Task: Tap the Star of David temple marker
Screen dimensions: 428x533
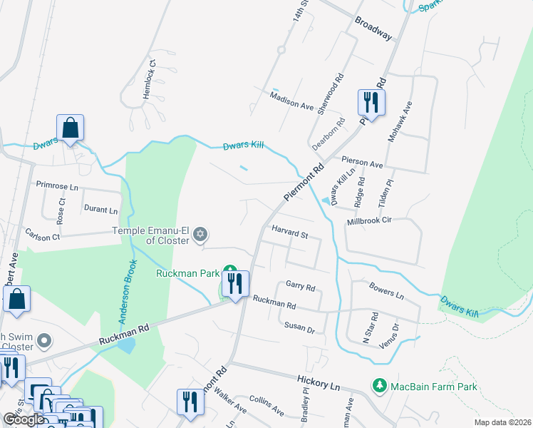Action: coord(201,234)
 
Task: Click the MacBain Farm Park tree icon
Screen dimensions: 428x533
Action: coord(380,386)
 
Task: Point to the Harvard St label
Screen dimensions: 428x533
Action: coord(289,234)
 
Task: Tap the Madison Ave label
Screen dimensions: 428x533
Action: coord(292,101)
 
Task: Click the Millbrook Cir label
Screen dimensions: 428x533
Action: coord(369,222)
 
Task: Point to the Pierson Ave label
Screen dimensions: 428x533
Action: coord(363,163)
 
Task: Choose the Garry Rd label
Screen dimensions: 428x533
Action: coord(300,285)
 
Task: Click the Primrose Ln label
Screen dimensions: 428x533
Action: coord(57,184)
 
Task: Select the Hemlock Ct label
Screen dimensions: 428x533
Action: coord(150,79)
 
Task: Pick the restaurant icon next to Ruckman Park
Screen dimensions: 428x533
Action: coord(236,285)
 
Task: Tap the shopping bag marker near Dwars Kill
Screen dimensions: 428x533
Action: coord(71,128)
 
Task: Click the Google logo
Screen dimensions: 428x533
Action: coord(24,419)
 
